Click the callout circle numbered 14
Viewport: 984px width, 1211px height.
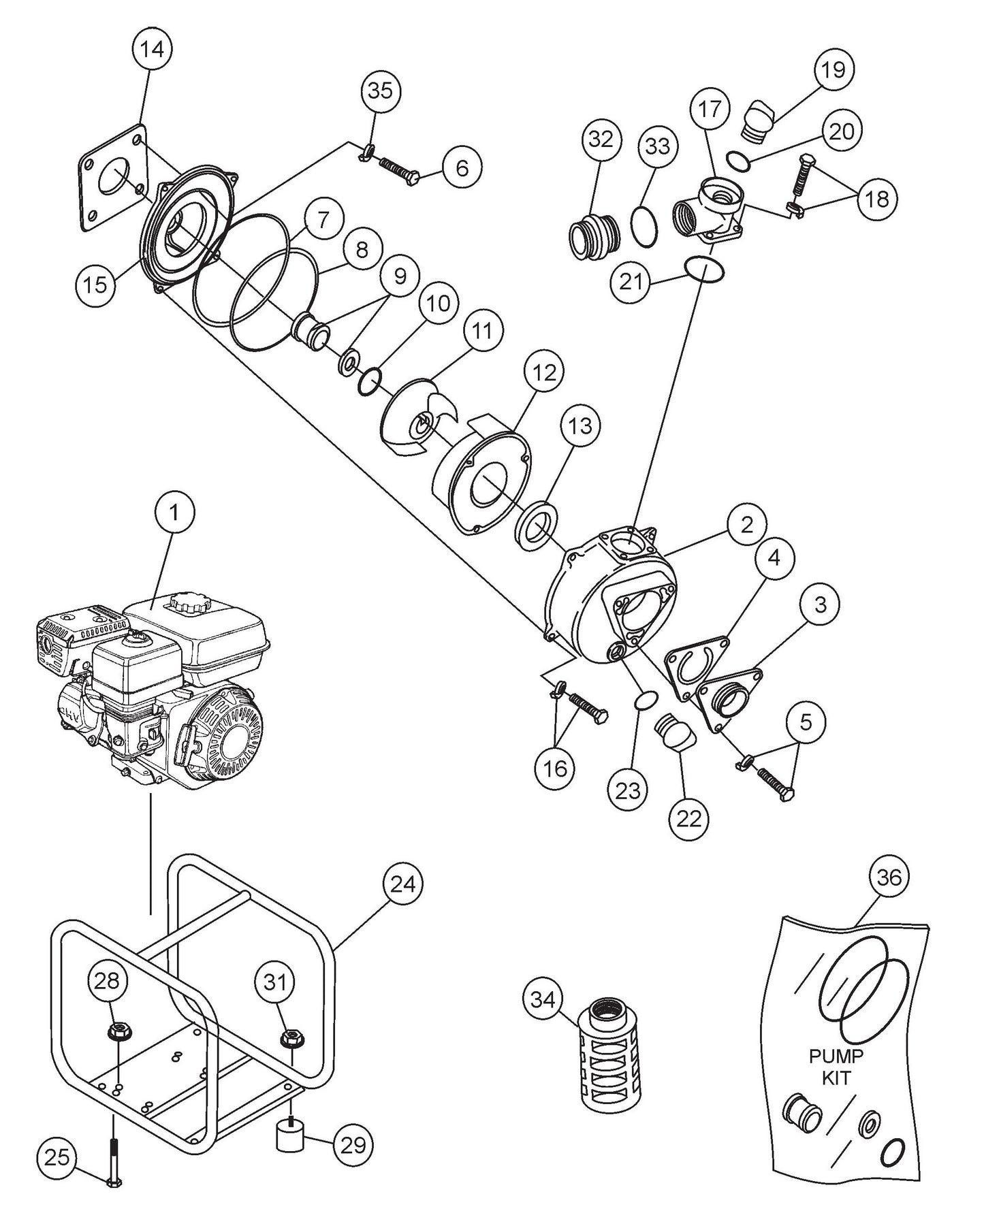click(153, 50)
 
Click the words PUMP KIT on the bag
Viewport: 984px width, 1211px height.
click(836, 1067)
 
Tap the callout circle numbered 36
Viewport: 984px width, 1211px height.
click(888, 878)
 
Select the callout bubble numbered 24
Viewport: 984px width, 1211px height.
click(402, 885)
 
